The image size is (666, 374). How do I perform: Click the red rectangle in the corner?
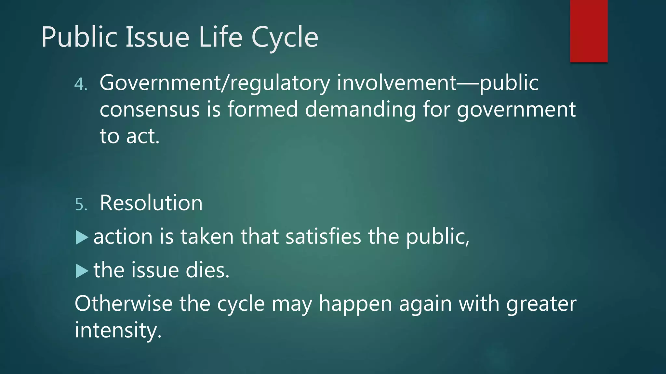pos(589,31)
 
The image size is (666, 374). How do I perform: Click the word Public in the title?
pos(79,37)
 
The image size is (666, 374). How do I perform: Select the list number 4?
pos(81,84)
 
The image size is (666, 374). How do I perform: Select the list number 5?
pos(81,205)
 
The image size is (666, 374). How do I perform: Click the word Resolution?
pos(151,203)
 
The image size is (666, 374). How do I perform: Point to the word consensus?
pos(150,110)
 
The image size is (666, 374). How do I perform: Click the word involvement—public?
pos(437,83)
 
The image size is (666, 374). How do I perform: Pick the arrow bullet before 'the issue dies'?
pos(82,271)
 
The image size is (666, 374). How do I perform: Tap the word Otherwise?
pos(124,304)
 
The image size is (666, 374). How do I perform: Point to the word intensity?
pos(118,330)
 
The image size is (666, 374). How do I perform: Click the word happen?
pos(355,305)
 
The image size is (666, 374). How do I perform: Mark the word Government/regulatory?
pos(215,83)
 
